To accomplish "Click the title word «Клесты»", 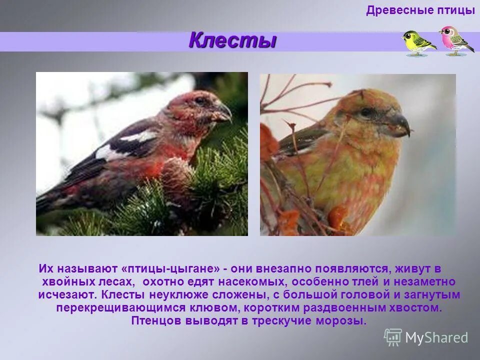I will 232,40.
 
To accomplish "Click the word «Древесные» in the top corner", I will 396,10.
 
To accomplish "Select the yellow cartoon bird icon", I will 418,42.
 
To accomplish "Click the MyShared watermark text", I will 436,337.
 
